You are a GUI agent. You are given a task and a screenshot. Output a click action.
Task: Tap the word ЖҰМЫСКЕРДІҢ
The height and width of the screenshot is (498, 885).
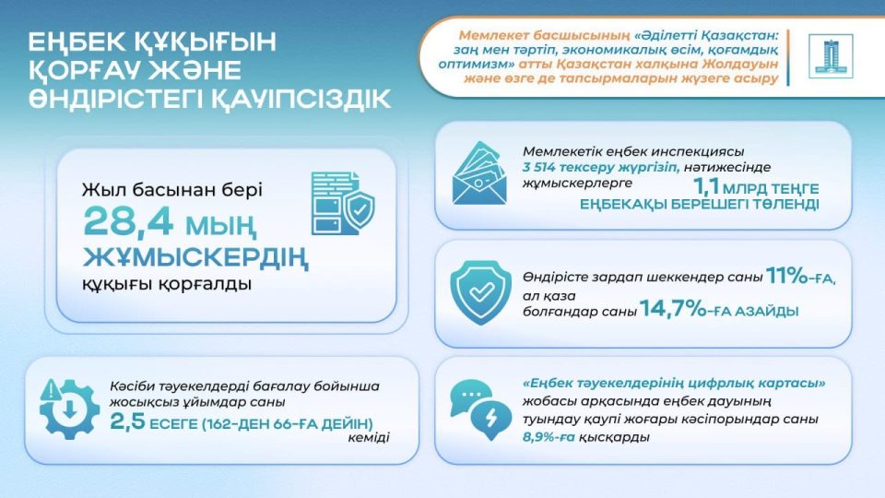pos(195,258)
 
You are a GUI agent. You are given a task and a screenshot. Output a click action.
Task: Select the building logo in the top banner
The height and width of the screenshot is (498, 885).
pos(831,56)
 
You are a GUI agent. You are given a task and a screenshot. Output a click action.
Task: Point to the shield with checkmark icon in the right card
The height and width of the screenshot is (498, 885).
pos(480,292)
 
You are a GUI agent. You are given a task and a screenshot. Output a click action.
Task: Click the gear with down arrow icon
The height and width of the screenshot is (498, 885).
pos(66,409)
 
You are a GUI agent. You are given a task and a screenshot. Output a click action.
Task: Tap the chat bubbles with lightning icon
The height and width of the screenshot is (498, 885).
pos(480,409)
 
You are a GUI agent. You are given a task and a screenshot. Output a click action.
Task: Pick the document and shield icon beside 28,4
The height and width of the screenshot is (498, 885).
pos(343,203)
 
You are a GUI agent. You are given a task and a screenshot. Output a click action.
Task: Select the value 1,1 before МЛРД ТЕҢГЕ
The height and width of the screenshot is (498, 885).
pos(706,186)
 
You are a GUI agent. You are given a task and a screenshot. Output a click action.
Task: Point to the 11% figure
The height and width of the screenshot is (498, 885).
pos(787,276)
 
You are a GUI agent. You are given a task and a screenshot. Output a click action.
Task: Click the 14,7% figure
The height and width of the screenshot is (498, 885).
pos(673,309)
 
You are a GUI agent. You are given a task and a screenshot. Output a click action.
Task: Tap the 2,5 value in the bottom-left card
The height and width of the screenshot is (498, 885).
pos(127,421)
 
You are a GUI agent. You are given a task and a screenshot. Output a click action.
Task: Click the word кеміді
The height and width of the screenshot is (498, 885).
pos(369,437)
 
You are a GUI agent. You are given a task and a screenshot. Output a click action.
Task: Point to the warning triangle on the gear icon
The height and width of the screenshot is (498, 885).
pos(51,389)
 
